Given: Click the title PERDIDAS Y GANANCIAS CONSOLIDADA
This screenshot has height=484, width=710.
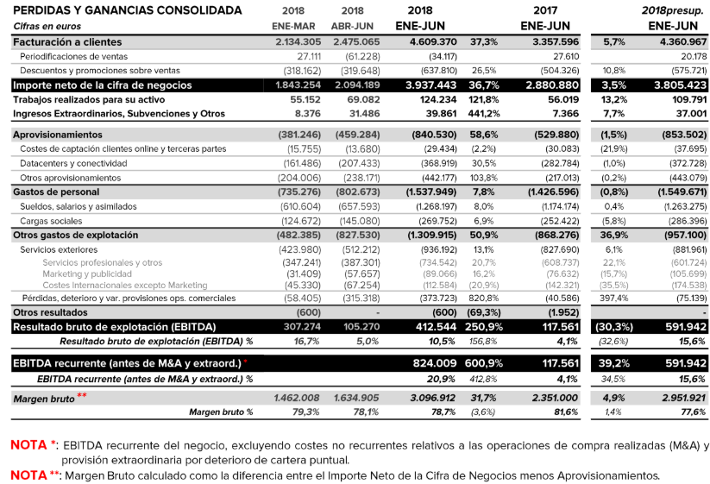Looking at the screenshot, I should [127, 10].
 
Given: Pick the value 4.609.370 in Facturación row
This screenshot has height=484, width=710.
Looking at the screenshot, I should [433, 41].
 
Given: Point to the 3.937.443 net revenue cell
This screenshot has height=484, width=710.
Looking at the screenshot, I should [432, 85].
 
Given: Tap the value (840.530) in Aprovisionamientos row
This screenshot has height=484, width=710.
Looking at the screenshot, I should [432, 135].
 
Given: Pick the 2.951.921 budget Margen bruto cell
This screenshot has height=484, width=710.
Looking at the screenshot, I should [677, 398].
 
